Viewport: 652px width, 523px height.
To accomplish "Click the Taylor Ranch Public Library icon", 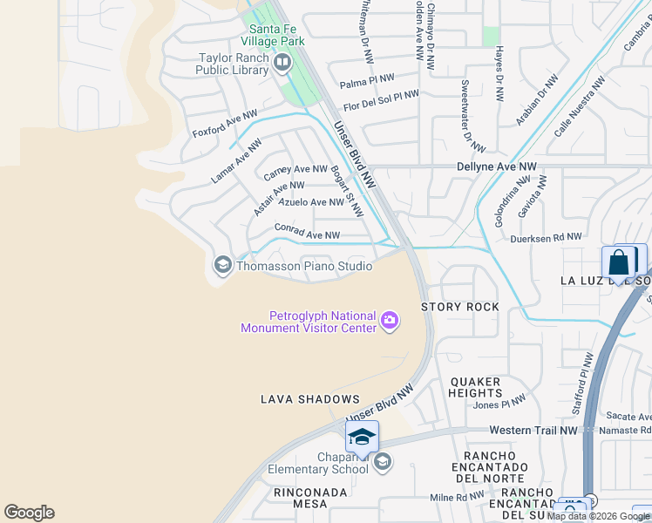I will coord(282,63).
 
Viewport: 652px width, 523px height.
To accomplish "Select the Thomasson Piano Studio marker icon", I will coord(222,265).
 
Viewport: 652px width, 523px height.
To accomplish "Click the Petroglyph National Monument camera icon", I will coord(390,322).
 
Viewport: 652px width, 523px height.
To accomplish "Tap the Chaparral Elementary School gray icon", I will coord(383,463).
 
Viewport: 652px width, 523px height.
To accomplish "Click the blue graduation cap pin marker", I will coord(363,437).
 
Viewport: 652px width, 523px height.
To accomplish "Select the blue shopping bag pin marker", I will coord(618,262).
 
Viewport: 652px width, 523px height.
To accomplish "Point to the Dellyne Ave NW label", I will coord(497,166).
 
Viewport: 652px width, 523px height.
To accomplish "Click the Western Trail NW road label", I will coord(533,430).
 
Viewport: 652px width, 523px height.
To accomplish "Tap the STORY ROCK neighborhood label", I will coord(460,307).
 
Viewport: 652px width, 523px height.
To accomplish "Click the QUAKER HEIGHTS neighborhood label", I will coord(475,387).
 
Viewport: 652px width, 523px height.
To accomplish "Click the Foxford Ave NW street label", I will coord(225,126).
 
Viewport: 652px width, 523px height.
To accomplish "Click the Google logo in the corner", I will coord(29,513).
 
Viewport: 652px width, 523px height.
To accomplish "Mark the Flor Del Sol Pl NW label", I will coord(381,101).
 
